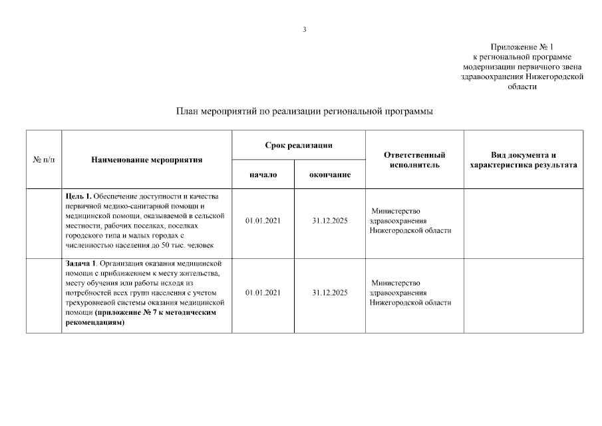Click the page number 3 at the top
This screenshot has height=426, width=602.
tap(305, 29)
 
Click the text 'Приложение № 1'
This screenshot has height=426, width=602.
tap(522, 47)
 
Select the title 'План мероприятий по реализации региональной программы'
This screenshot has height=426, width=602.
tap(305, 111)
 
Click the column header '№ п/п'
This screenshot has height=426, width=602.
tap(44, 160)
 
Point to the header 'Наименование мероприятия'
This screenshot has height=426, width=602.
tap(146, 160)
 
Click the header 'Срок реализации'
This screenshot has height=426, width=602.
tap(298, 145)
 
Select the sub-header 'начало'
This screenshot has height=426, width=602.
tap(263, 174)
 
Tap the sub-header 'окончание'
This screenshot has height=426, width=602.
tap(330, 174)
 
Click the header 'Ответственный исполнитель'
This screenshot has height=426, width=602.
tap(414, 160)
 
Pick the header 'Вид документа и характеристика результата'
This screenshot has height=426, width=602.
tap(523, 160)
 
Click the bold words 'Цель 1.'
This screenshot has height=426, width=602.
tap(78, 196)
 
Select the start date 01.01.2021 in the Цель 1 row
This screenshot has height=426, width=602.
tap(263, 220)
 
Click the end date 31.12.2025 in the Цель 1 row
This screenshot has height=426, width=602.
tap(330, 220)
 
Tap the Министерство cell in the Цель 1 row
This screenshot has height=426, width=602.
tap(410, 220)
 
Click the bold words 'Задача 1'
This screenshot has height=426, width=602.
tap(81, 264)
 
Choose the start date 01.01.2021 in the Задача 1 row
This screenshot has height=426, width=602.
tap(263, 292)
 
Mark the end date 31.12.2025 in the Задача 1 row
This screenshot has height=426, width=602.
tap(330, 292)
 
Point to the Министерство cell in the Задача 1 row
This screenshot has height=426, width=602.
tap(410, 292)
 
